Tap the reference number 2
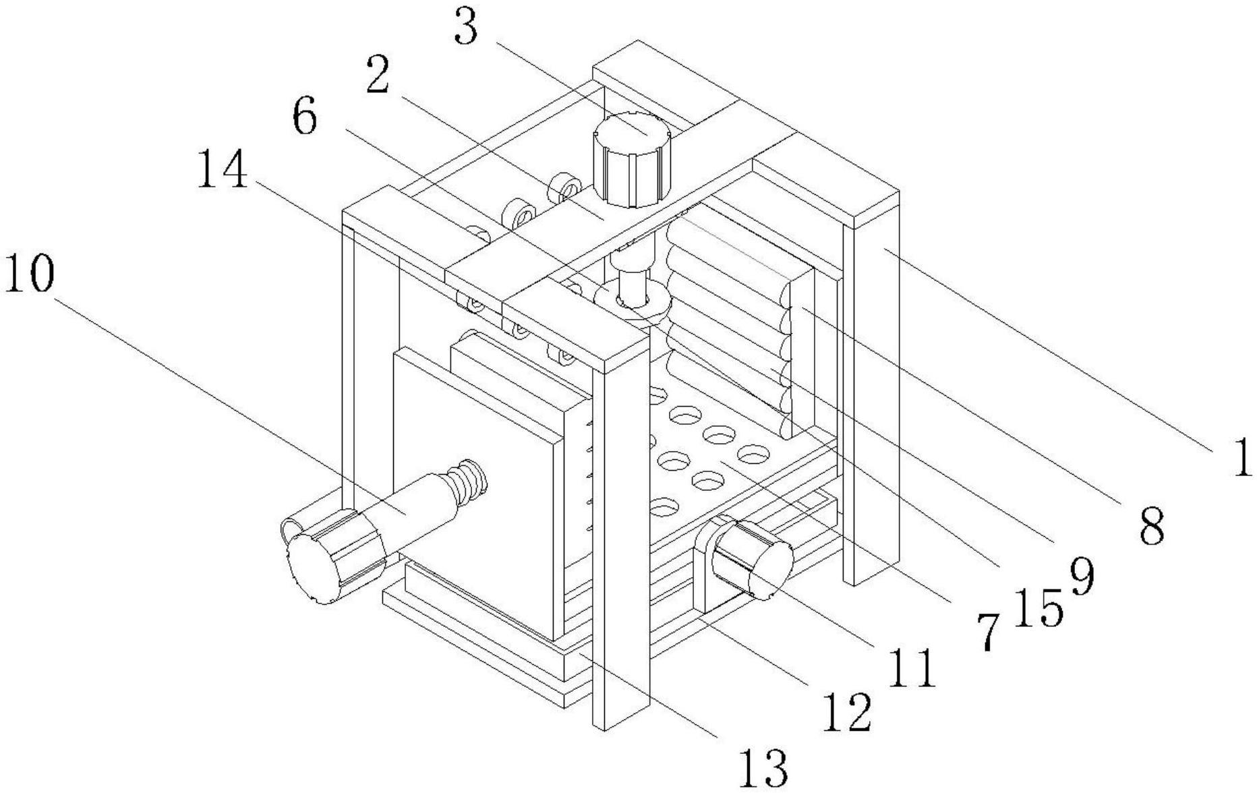tap(378, 77)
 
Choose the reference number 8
tap(1152, 526)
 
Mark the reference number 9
tap(1081, 577)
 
